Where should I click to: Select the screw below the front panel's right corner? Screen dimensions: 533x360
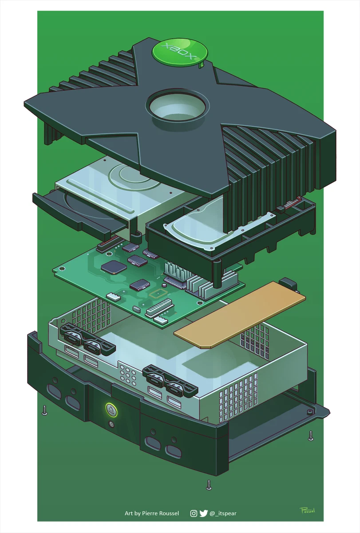[x=209, y=484]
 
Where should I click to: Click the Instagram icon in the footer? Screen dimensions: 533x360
[x=194, y=513]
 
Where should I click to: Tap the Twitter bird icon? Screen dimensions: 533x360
[x=203, y=513]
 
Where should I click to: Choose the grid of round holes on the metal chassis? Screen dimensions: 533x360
[x=127, y=376]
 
